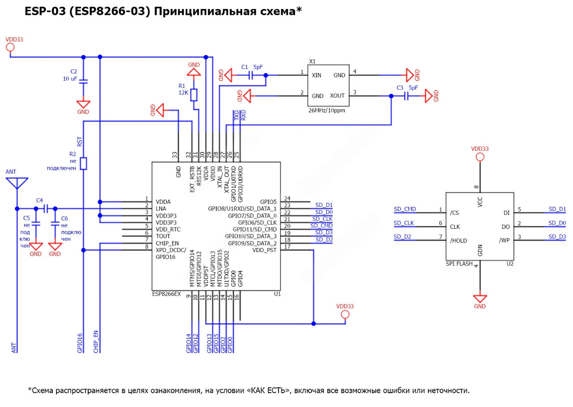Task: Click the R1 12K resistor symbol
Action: click(194, 95)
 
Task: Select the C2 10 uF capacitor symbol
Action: click(83, 81)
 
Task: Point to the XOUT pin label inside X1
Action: click(337, 96)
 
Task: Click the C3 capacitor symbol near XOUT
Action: click(406, 96)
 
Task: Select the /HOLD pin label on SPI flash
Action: click(458, 240)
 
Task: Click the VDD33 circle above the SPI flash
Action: click(480, 157)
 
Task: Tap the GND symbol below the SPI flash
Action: click(480, 299)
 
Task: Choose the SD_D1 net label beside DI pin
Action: click(557, 209)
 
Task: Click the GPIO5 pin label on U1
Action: click(269, 201)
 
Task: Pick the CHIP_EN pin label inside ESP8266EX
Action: click(167, 243)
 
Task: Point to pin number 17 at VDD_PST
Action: click(287, 247)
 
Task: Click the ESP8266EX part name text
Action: click(166, 294)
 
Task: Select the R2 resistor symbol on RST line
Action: click(83, 163)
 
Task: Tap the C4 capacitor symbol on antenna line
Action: click(46, 209)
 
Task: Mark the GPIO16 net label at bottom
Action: click(80, 343)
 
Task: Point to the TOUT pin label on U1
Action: click(163, 236)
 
